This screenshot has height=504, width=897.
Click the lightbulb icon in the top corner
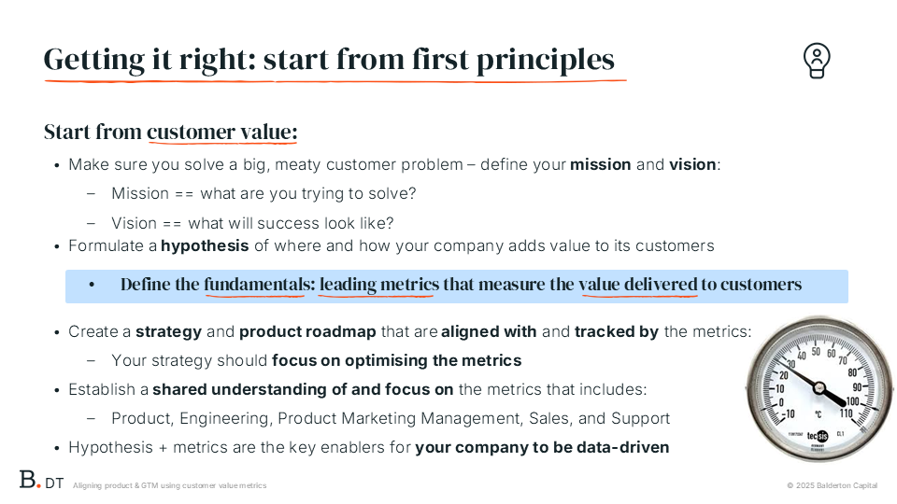[817, 60]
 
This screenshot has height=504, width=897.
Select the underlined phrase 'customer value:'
[222, 132]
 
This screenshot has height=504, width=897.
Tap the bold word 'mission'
[601, 164]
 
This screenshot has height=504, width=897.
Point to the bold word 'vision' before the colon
[692, 164]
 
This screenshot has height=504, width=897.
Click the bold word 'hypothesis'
[205, 246]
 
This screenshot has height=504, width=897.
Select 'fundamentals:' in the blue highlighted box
[260, 284]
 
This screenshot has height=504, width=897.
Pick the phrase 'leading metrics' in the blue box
[379, 284]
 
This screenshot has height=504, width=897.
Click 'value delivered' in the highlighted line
[638, 284]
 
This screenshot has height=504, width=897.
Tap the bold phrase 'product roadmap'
[307, 332]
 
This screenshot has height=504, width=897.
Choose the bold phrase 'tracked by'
[617, 331]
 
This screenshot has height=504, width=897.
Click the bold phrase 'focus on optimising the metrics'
[396, 360]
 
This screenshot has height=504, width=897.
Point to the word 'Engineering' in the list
[226, 419]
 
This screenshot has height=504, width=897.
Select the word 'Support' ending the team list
[640, 419]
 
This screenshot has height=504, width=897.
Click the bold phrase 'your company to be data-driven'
[542, 447]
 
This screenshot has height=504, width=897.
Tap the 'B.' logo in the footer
[30, 480]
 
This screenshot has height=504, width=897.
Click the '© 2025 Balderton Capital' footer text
[832, 485]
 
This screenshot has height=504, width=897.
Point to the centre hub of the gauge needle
[819, 388]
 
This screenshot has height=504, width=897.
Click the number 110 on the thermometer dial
[846, 413]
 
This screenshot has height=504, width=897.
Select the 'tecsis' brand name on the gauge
[818, 436]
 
